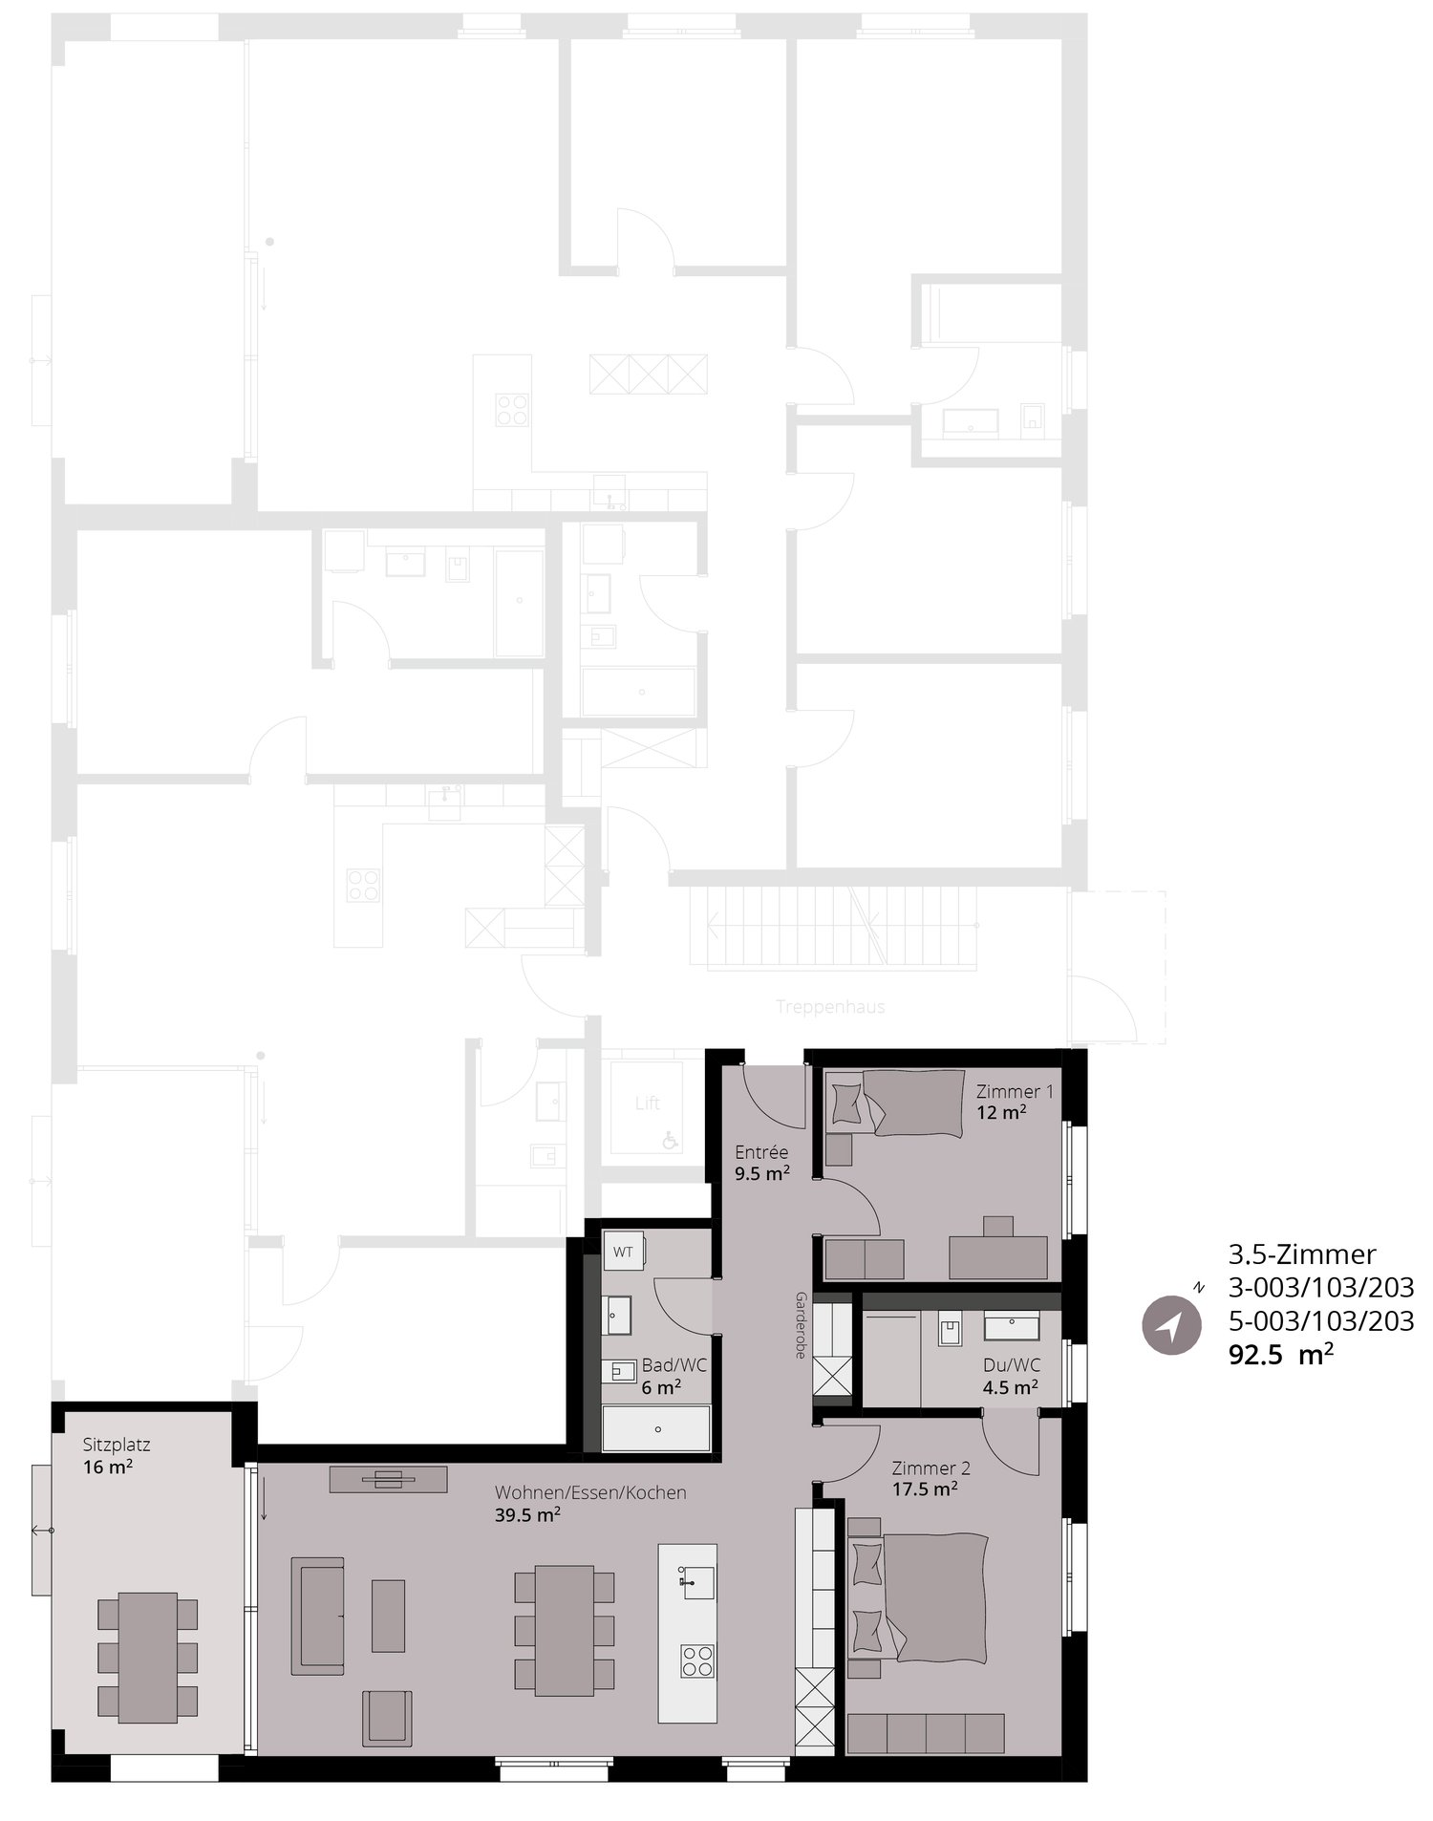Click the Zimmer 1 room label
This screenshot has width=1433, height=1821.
1015,1091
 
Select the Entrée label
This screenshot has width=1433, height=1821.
761,1152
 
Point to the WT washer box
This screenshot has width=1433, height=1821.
624,1253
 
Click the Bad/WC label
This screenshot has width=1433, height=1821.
674,1365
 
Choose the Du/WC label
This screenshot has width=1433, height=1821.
1012,1365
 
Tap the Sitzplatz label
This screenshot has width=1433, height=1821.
117,1446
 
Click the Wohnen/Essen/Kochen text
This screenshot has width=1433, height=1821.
590,1492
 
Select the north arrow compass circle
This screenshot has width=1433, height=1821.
1171,1325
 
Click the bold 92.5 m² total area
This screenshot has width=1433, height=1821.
1281,1354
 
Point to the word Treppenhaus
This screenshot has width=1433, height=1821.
830,1007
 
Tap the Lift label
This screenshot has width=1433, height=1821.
648,1103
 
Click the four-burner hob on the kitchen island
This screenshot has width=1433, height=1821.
696,1660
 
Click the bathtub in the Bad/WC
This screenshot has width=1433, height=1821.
656,1429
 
